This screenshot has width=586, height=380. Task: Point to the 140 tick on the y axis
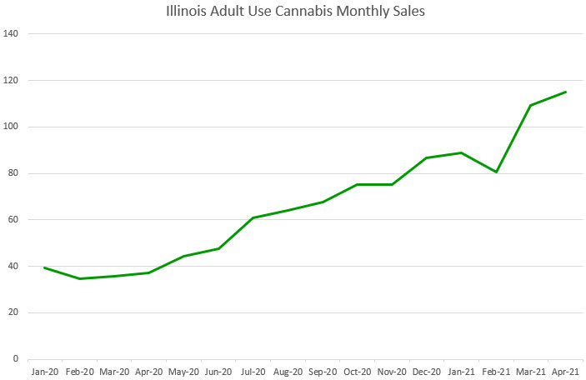[x=12, y=34]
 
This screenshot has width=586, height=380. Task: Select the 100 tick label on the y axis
[x=12, y=127]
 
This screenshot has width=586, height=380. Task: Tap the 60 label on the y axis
[x=13, y=220]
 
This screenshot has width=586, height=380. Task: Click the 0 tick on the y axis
[x=16, y=359]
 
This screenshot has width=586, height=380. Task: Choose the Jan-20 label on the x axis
[x=43, y=371]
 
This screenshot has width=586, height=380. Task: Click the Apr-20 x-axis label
[x=148, y=371]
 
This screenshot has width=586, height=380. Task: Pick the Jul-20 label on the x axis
[x=253, y=371]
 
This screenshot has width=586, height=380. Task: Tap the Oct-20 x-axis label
[x=357, y=371]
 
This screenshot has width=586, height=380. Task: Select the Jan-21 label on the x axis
[x=461, y=371]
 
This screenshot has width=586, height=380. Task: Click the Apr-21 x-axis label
[x=566, y=371]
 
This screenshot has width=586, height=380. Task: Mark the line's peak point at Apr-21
[x=566, y=92]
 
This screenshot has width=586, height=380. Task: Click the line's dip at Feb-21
[x=496, y=172]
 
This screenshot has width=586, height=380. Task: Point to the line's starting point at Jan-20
[x=43, y=267]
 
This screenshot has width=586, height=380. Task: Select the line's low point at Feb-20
[x=78, y=278]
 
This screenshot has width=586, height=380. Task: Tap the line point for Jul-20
[x=253, y=217]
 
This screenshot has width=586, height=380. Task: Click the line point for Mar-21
[x=531, y=105]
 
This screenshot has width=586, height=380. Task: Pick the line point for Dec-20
[x=427, y=157]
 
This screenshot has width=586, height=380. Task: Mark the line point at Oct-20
[x=357, y=184]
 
